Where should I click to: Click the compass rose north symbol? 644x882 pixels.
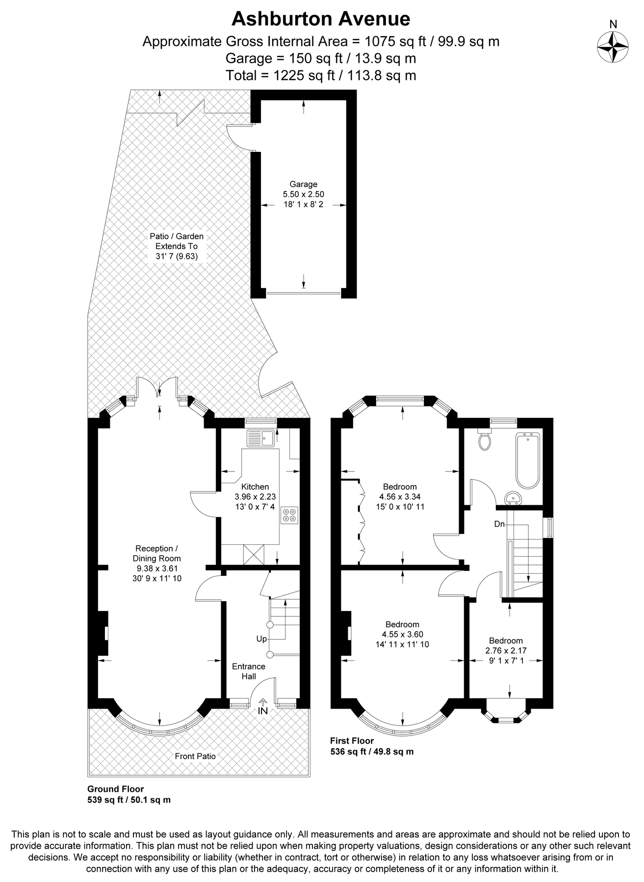613,47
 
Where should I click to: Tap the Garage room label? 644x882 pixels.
303,184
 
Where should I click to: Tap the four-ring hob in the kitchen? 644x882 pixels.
289,515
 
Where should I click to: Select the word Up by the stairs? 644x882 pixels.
261,639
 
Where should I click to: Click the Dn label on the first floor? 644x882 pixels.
499,524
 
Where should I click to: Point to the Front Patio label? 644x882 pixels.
195,756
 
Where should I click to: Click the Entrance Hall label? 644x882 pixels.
249,671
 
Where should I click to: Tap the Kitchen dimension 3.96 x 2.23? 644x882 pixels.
255,496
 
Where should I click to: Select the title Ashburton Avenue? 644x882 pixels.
321,19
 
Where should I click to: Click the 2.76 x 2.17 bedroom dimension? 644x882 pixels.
506,651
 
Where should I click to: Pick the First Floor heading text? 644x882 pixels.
352,741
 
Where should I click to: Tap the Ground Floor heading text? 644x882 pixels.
116,789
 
